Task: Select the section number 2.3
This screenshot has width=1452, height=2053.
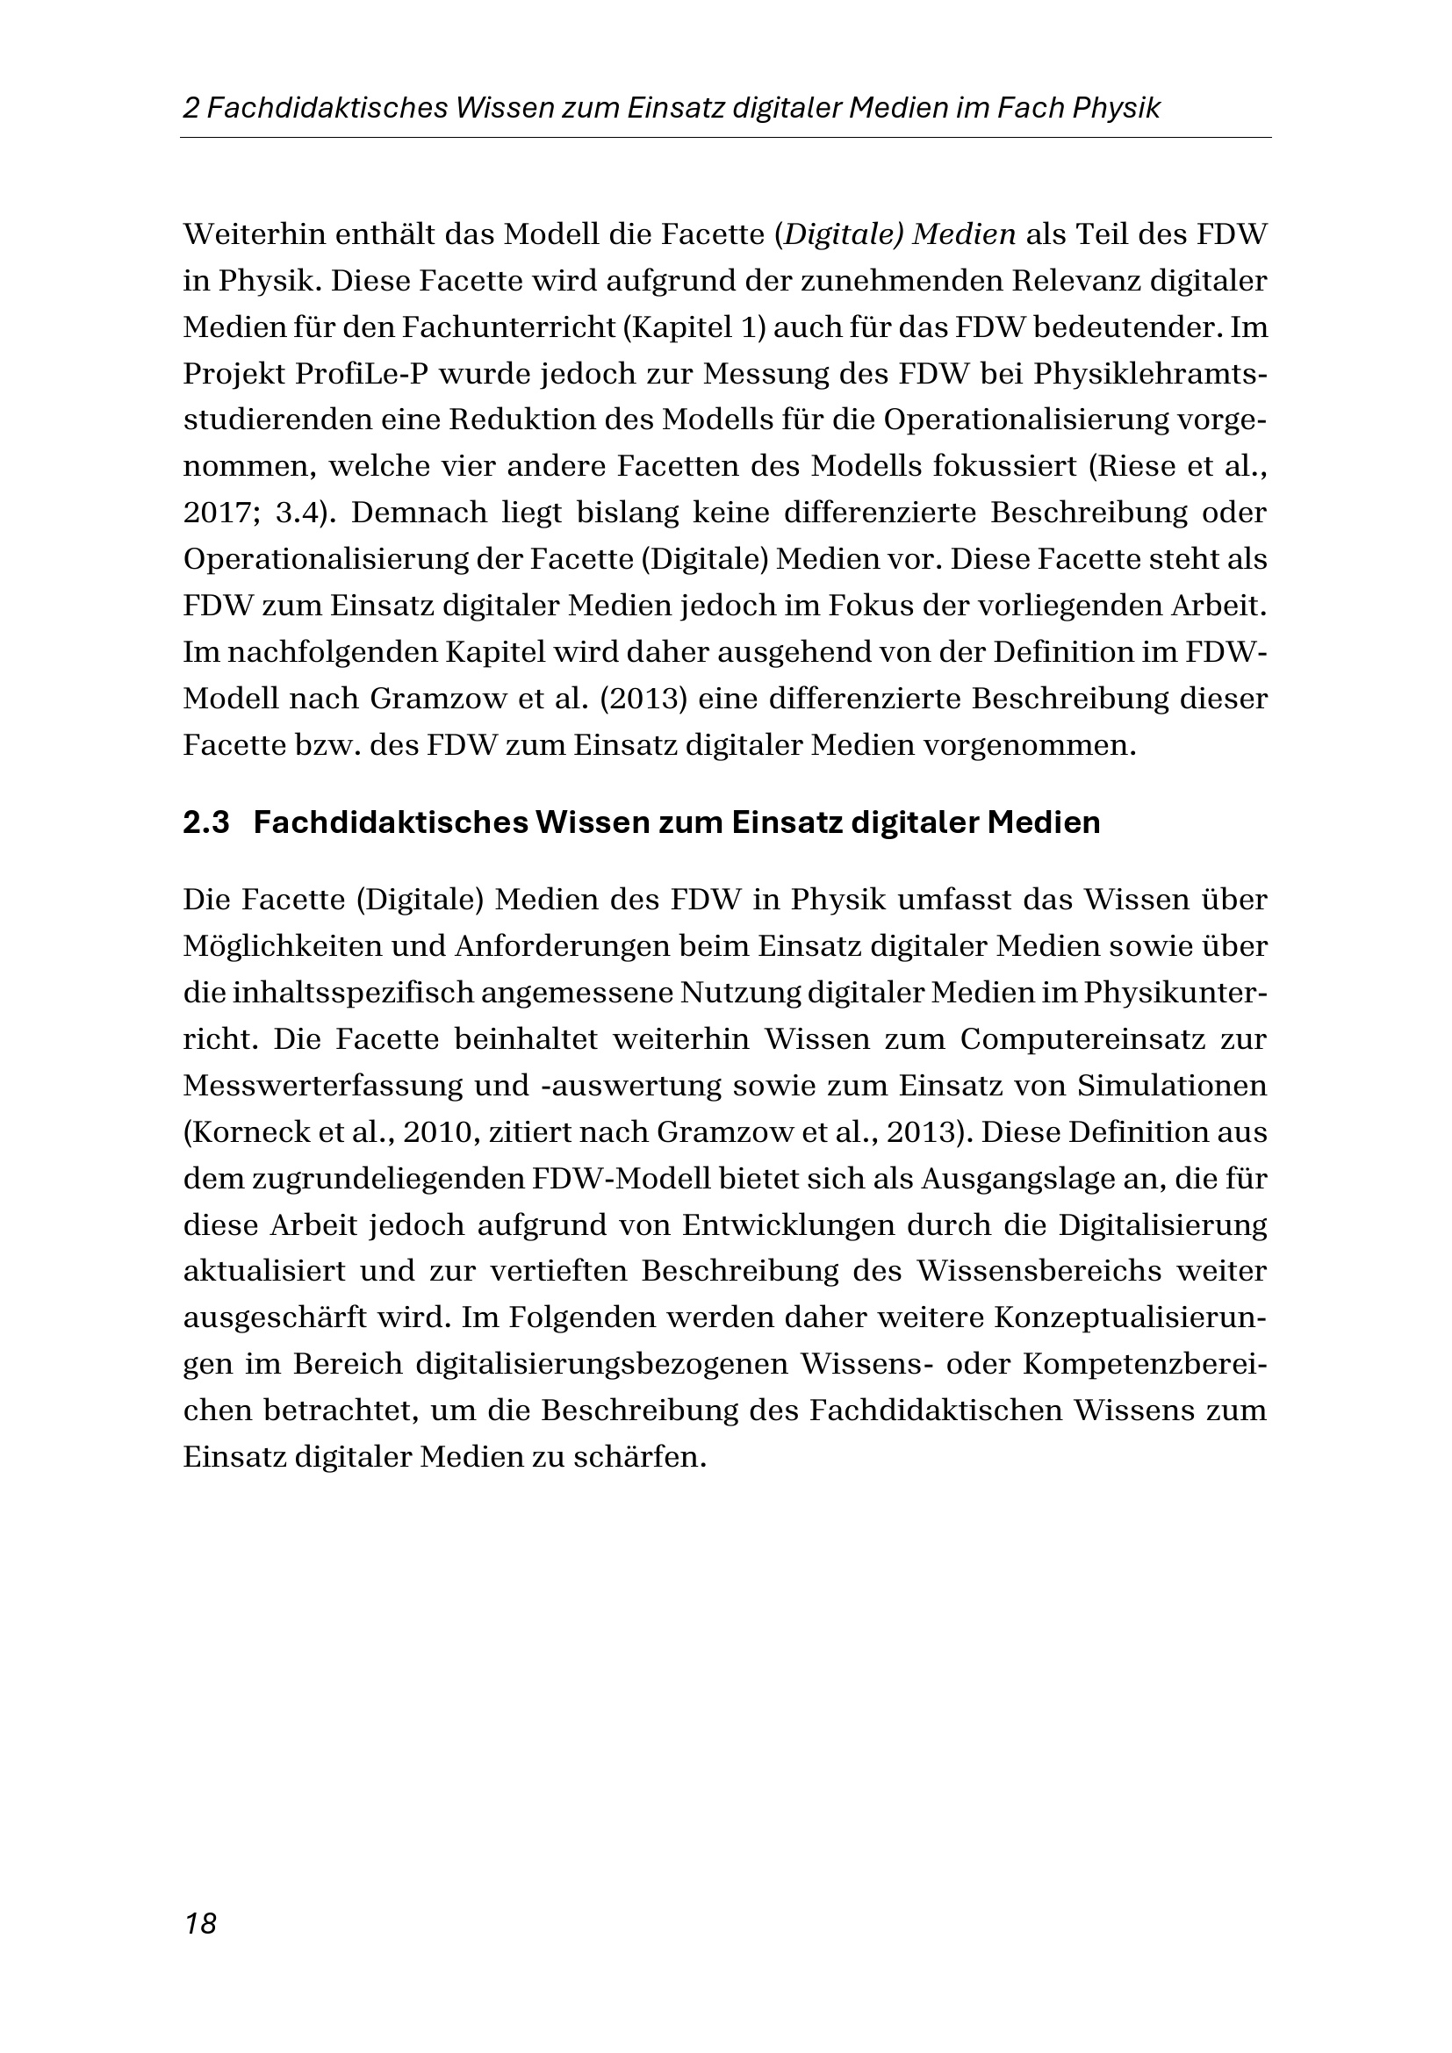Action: pos(206,822)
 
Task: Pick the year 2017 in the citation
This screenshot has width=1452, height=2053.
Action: pos(212,513)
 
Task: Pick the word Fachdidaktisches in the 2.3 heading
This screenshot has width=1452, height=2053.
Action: pos(390,822)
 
